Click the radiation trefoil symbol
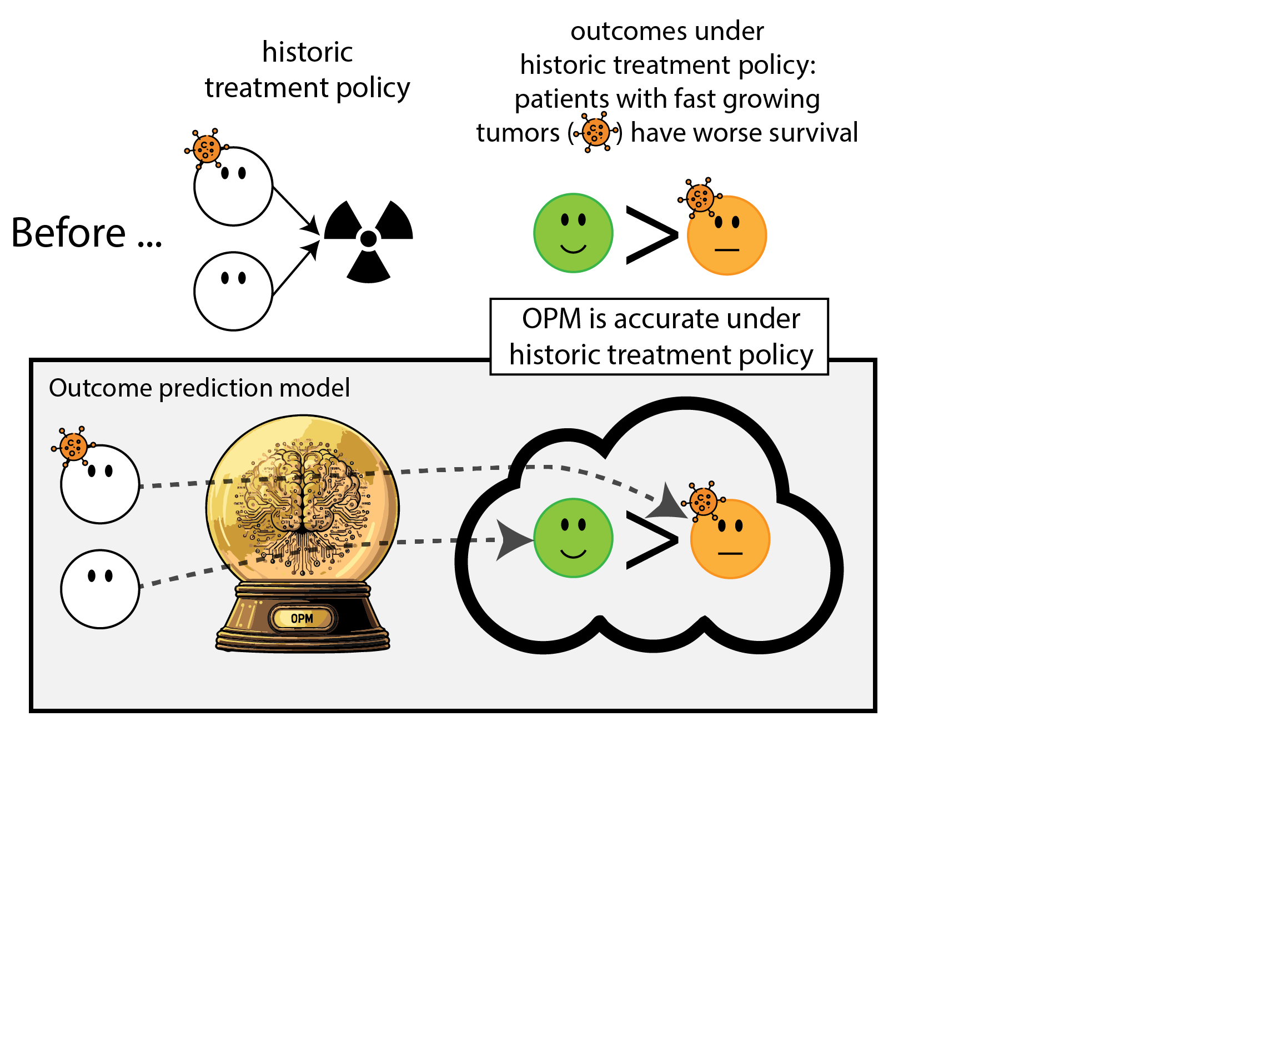click(369, 239)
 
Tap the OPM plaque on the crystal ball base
click(302, 619)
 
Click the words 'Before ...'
click(86, 233)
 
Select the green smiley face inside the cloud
click(573, 538)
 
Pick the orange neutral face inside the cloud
click(730, 539)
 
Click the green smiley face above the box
click(573, 233)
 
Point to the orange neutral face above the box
click(727, 236)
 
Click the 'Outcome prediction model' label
click(199, 388)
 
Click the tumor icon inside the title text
click(596, 132)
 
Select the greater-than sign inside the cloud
click(651, 540)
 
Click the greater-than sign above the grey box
click(651, 235)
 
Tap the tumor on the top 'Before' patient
click(207, 148)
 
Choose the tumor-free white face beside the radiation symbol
click(233, 292)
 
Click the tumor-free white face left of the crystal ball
click(100, 589)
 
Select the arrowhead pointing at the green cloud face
click(511, 539)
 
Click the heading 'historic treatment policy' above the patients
click(307, 70)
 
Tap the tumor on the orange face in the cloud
click(704, 502)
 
